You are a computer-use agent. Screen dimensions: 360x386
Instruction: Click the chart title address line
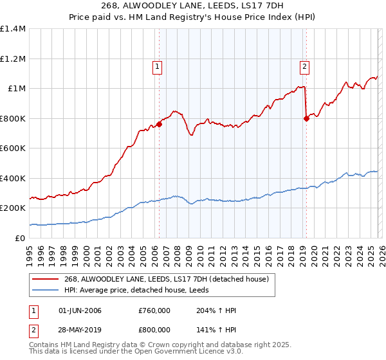pos(192,6)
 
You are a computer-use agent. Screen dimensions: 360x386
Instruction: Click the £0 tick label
pos(19,238)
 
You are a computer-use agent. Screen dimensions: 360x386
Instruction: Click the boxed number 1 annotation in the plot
pos(157,65)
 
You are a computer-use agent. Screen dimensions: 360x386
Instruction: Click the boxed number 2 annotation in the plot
pos(304,65)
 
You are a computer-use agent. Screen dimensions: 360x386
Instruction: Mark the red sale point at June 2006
pos(159,125)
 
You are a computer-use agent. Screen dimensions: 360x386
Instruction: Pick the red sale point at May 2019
pos(306,118)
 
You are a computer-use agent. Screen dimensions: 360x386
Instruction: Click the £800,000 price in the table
pos(154,329)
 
